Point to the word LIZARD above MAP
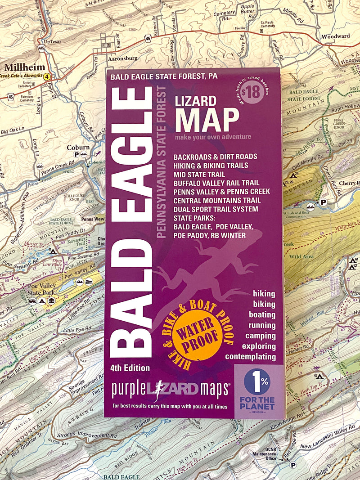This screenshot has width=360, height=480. [196, 101]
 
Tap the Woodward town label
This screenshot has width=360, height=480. [335, 36]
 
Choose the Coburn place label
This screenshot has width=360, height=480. [78, 147]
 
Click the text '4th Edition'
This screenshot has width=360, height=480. [130, 368]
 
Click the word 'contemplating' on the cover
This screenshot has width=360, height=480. [250, 357]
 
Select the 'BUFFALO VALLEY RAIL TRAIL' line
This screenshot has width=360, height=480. [216, 183]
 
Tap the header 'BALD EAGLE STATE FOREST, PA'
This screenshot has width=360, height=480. [163, 76]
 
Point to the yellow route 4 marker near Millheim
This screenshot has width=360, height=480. [46, 76]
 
